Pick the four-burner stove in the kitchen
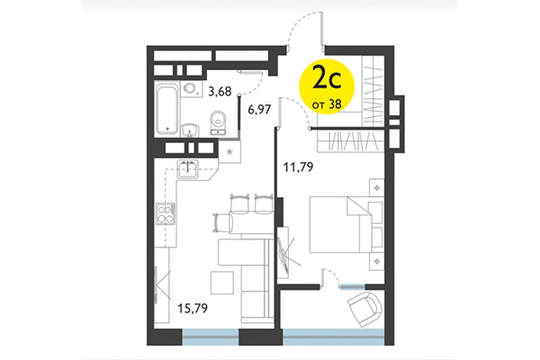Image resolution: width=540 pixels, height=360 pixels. click(167, 215)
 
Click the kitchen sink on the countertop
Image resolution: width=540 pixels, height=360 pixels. click(190, 167)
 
